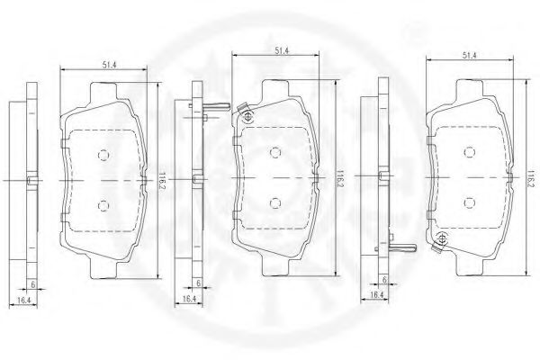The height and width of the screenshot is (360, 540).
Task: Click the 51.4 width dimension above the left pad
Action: point(109,65)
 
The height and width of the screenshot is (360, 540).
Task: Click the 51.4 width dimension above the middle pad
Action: point(282,50)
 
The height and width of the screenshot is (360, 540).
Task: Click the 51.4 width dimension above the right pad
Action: point(470,55)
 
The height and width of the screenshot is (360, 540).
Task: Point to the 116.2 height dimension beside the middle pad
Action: point(339,178)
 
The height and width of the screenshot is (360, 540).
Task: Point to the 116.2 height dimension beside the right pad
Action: point(530,179)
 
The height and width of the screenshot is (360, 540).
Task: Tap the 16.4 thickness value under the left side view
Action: point(24,300)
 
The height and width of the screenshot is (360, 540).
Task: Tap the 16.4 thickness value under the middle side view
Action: point(189,298)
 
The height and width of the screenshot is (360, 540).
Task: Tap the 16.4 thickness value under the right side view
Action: point(377,294)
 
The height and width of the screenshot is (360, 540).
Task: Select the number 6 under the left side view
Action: point(33,284)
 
